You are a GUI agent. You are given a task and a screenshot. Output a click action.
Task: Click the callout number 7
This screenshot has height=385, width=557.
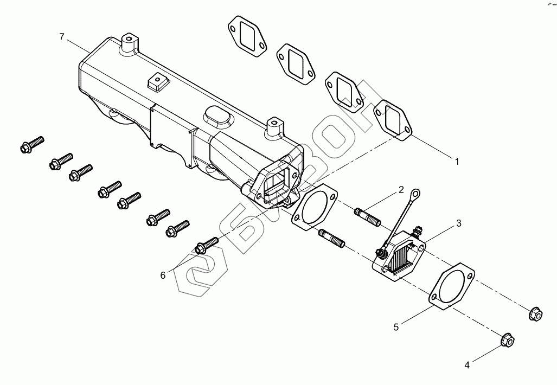62,37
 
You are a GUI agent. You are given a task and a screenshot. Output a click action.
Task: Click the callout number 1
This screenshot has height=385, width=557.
457,161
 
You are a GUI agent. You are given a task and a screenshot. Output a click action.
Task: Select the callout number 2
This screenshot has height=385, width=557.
401,189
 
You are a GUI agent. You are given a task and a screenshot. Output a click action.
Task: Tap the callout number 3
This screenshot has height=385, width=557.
458,223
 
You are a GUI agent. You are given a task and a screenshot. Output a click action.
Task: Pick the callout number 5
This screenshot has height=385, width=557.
396,326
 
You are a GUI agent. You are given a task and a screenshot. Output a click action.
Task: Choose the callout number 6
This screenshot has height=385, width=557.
162,275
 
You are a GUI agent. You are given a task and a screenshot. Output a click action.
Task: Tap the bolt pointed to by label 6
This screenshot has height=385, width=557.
206,245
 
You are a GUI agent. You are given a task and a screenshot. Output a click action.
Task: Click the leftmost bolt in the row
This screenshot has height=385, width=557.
31,144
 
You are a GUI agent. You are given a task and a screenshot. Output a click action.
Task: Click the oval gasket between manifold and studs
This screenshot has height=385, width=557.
314,208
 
